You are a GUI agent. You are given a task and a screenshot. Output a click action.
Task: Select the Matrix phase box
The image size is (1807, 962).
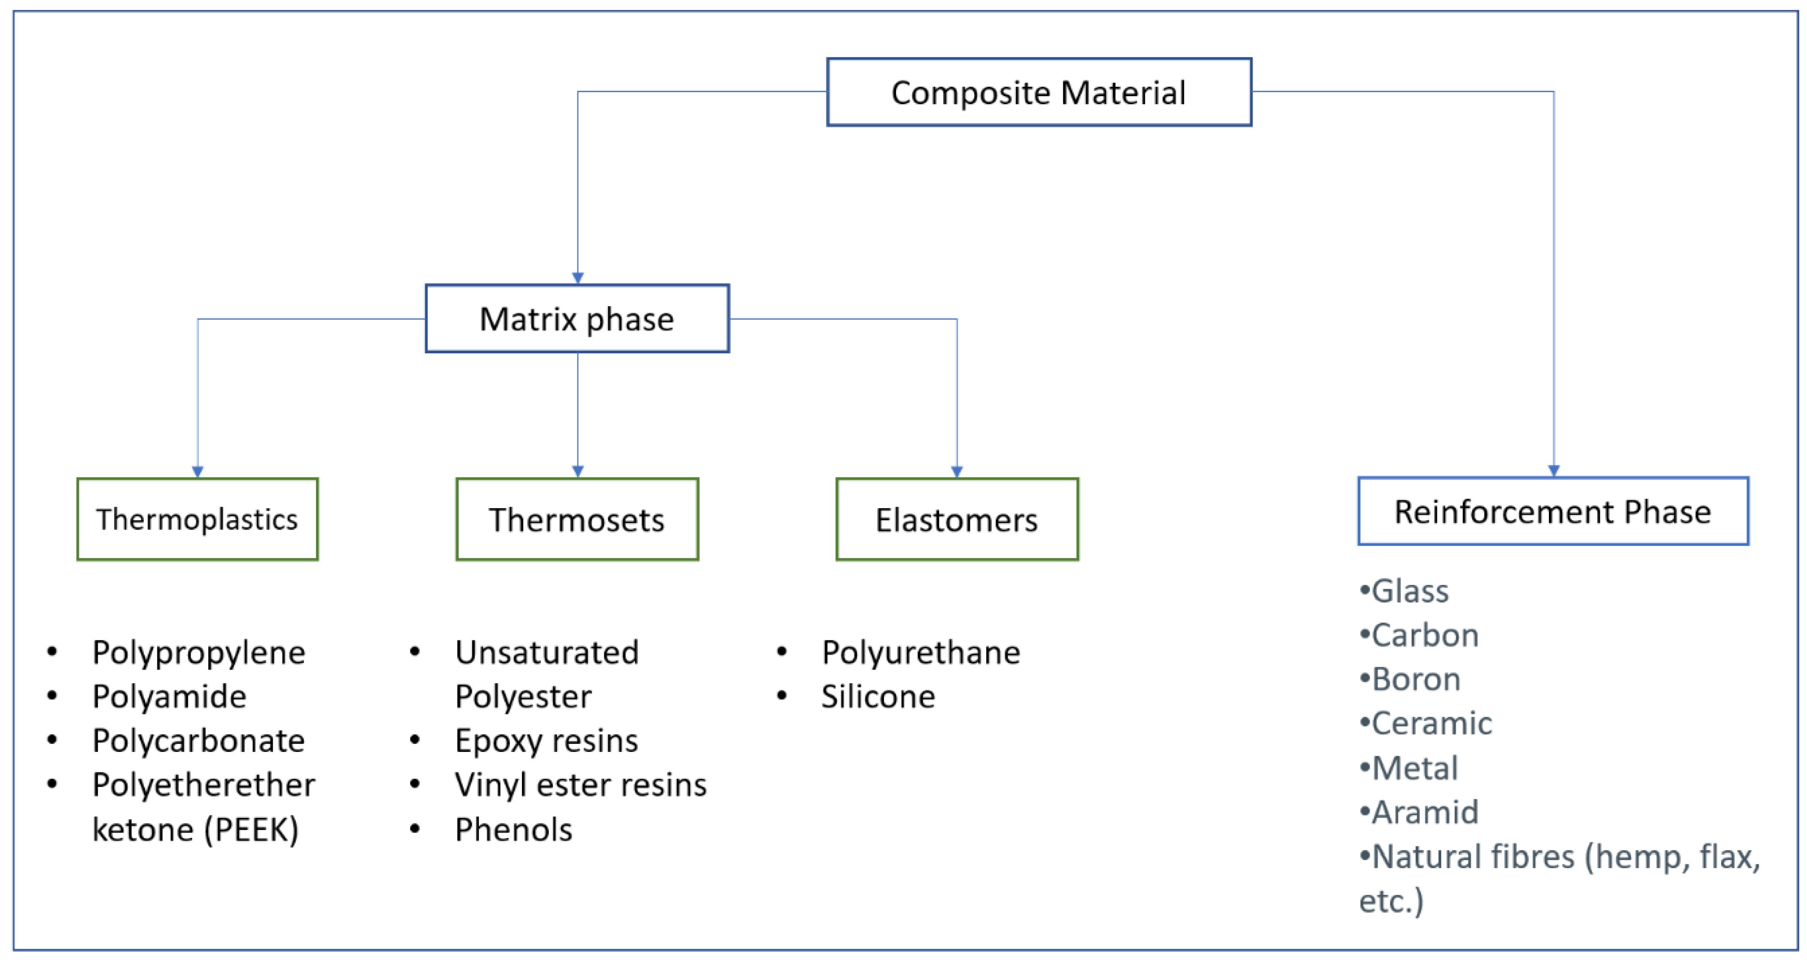(x=577, y=319)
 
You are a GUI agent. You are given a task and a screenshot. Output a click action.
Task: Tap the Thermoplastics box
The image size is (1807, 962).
(x=197, y=519)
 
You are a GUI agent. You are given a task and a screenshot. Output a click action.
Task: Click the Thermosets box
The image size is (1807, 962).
(x=577, y=519)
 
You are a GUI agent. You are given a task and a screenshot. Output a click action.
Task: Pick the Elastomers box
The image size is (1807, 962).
(x=957, y=519)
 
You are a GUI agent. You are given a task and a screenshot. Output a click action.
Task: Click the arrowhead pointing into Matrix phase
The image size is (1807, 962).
(x=577, y=278)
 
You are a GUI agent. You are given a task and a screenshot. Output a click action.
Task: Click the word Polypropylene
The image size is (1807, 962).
(x=199, y=653)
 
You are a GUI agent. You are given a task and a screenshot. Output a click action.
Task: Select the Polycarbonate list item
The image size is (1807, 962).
(x=199, y=740)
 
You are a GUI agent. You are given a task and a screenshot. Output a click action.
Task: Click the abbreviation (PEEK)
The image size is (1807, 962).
(x=251, y=829)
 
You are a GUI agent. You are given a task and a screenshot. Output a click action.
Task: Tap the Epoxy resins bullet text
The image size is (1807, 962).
(x=546, y=740)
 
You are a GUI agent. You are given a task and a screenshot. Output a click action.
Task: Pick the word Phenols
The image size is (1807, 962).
(x=513, y=829)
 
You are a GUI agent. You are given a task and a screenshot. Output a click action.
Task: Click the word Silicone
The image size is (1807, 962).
(x=878, y=696)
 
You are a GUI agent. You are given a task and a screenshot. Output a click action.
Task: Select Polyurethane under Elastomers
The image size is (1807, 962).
(x=921, y=653)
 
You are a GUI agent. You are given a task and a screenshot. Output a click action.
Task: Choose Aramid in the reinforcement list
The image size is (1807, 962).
(x=1425, y=812)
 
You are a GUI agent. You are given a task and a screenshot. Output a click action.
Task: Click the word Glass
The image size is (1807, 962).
(x=1410, y=591)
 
